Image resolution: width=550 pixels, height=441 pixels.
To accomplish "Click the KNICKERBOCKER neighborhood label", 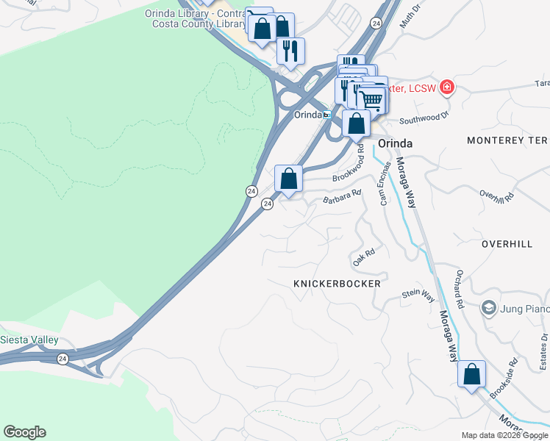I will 337,284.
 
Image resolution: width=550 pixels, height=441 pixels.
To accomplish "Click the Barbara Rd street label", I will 343,197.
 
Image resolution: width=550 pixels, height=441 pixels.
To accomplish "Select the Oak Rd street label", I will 364,257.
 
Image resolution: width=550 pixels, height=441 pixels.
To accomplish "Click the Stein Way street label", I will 418,295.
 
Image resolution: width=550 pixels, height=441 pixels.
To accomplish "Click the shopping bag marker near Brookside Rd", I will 471,374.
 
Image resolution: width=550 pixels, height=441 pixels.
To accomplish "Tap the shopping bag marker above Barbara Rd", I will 289,179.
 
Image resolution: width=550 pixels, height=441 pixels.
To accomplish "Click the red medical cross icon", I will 447,89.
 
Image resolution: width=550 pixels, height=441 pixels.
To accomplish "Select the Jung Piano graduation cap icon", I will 488,306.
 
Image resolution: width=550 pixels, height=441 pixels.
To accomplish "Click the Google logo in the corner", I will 24,432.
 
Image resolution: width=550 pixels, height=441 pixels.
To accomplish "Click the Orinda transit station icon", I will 327,115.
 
